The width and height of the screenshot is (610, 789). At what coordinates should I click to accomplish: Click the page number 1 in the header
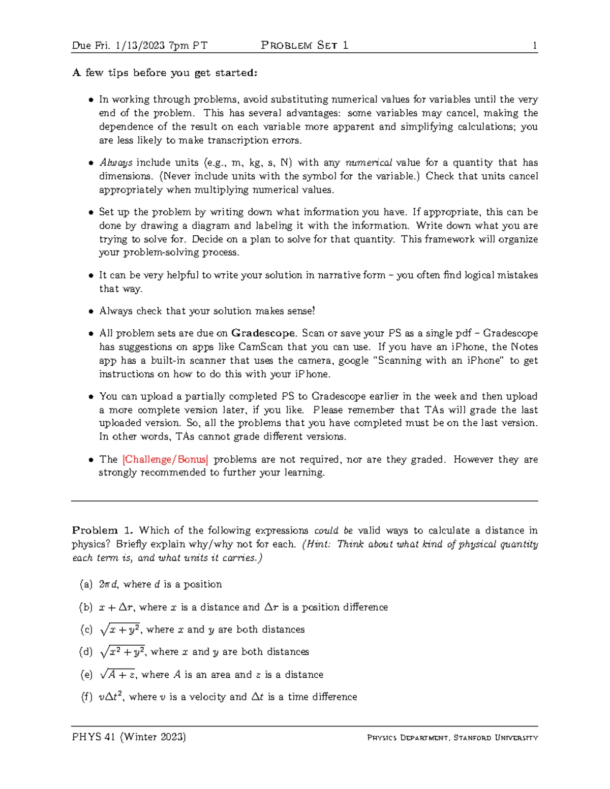pyautogui.click(x=535, y=46)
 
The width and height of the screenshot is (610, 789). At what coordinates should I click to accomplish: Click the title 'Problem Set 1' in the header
pyautogui.click(x=304, y=46)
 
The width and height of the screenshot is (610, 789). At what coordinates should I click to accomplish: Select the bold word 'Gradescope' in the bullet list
pyautogui.click(x=263, y=333)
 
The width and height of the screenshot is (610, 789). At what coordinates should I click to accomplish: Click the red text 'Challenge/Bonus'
pyautogui.click(x=166, y=459)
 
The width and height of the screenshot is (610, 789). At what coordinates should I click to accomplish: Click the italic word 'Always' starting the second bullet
pyautogui.click(x=116, y=163)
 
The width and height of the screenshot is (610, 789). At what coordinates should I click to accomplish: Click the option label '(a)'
pyautogui.click(x=86, y=584)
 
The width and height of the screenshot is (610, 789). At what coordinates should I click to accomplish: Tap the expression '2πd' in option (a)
pyautogui.click(x=108, y=584)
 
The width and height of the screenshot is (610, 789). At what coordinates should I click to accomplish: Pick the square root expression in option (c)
pyautogui.click(x=121, y=629)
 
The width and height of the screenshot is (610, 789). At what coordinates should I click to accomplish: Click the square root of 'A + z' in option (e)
pyautogui.click(x=118, y=675)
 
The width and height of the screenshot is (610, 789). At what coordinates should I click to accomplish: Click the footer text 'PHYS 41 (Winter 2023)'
pyautogui.click(x=129, y=737)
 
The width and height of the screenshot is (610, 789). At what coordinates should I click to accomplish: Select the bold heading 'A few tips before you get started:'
pyautogui.click(x=165, y=73)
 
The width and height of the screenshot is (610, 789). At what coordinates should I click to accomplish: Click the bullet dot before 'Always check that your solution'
pyautogui.click(x=91, y=311)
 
